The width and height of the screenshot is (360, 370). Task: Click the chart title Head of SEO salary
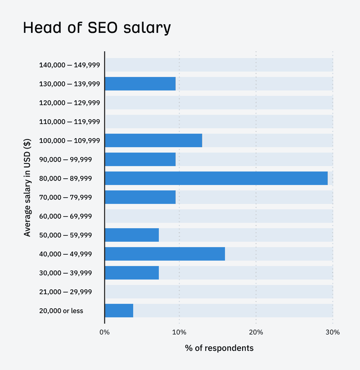point(97,28)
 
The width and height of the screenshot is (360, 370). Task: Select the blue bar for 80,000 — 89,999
point(216,178)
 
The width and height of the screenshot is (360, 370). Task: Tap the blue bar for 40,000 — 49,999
point(165,254)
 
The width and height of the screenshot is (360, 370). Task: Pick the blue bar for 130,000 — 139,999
point(140,84)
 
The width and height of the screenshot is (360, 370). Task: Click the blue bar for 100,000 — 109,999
point(153,140)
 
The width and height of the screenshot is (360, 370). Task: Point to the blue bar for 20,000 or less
point(119,311)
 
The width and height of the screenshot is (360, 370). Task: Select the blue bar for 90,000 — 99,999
point(140,159)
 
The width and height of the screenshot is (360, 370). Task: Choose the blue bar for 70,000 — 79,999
point(140,197)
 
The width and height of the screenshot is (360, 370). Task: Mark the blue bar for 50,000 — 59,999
point(132,235)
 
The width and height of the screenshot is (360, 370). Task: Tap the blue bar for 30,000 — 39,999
point(132,273)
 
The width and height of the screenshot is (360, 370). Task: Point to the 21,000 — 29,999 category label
point(66,292)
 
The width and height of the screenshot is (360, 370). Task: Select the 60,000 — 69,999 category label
point(66,216)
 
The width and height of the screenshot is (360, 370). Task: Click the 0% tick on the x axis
point(104,332)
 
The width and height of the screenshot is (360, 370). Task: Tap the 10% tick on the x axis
point(179,332)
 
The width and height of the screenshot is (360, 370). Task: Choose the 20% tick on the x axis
point(256,332)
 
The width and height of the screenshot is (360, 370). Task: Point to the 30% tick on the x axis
point(333,332)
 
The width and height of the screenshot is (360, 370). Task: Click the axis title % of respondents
point(219,348)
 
